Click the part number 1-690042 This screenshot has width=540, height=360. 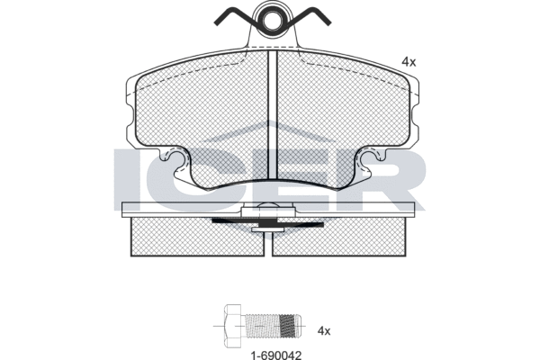(x=276, y=355)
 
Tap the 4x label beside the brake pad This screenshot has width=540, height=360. (x=409, y=62)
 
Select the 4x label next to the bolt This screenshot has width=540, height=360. (x=324, y=331)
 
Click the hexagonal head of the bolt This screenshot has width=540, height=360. (x=233, y=326)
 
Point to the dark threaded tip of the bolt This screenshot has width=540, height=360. (x=288, y=326)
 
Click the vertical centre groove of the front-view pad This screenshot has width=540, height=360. (x=273, y=114)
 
